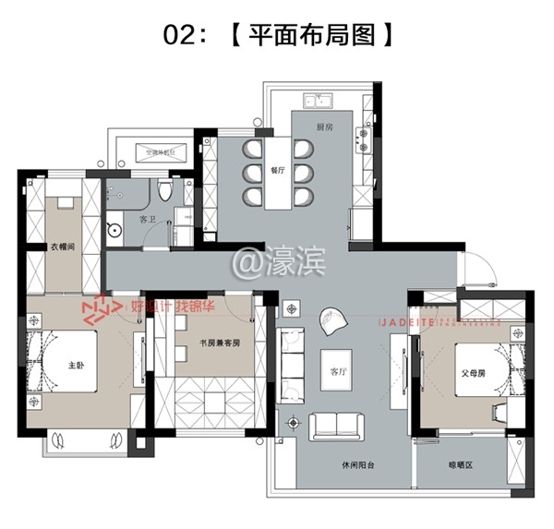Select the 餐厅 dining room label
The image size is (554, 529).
(x=276, y=171)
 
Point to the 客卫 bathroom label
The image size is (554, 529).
(x=147, y=220)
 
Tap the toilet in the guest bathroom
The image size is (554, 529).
(x=164, y=191)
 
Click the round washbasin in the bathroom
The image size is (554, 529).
(x=115, y=231)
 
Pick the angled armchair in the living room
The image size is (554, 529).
(x=331, y=321)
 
